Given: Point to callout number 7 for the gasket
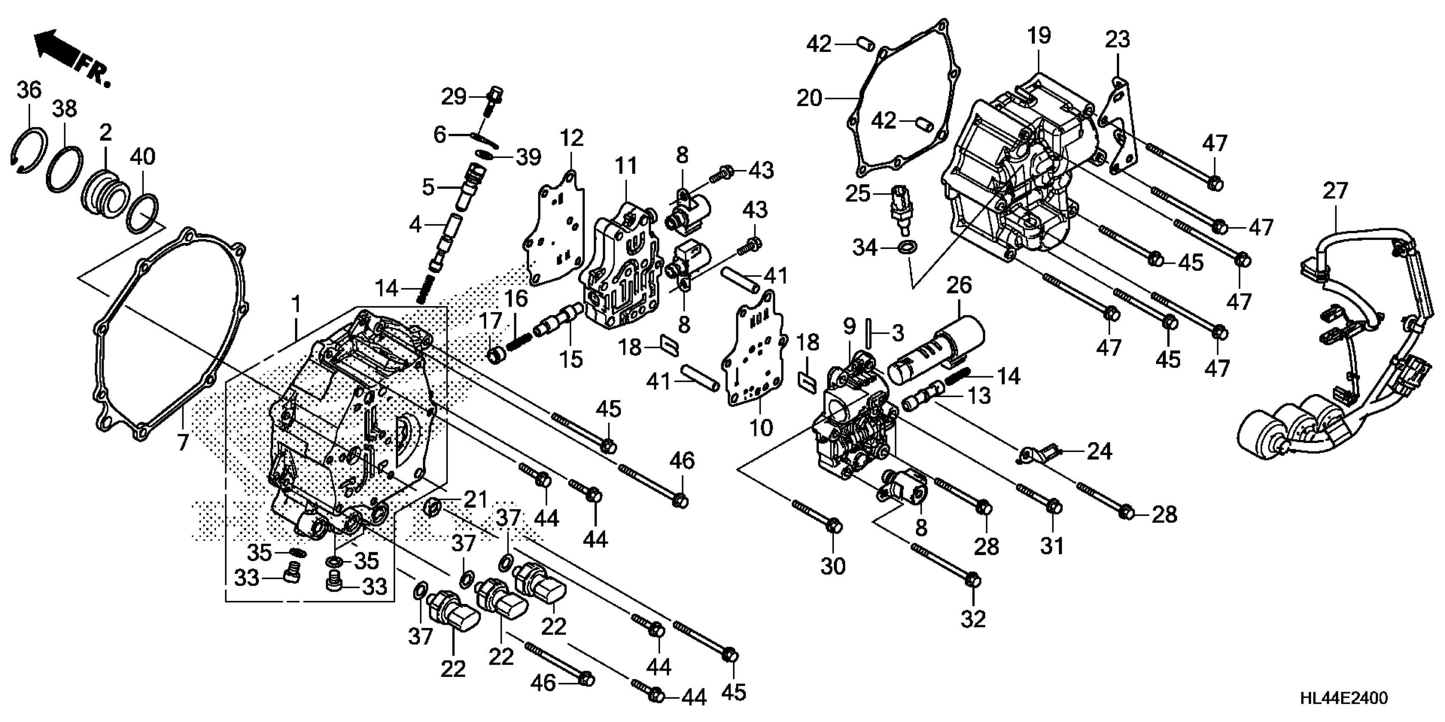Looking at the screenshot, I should point(183,443).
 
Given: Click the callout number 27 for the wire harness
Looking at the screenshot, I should point(1334,191).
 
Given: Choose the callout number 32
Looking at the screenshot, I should point(973,619).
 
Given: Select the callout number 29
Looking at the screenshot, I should point(453,97).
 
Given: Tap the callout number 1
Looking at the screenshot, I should point(296,305).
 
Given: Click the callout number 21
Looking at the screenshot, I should point(475,499).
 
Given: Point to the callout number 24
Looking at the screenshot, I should point(1099,451).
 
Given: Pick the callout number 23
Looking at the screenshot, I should point(1117,39).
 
